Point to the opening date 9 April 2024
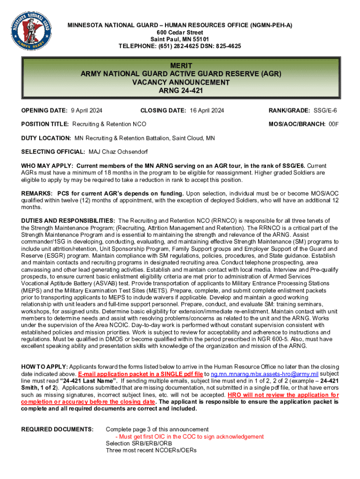coord(86,110)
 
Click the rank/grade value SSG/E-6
coord(325,110)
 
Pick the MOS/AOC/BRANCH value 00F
coord(333,124)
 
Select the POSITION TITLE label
coord(45,124)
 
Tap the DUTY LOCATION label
coord(46,138)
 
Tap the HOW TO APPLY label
coord(44,367)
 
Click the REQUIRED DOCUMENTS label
coord(58,429)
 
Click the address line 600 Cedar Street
coord(180,32)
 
